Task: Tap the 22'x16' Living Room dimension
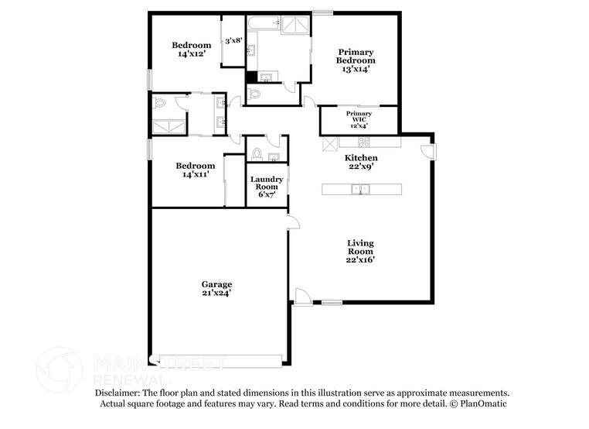click(360, 261)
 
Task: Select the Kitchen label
click(360, 158)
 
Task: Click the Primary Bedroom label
click(356, 56)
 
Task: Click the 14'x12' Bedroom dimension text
click(191, 54)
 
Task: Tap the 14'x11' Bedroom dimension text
click(195, 175)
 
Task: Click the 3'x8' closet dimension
click(233, 40)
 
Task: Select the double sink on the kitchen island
click(359, 188)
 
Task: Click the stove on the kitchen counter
click(363, 142)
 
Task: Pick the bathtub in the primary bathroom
click(262, 23)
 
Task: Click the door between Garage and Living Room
click(293, 222)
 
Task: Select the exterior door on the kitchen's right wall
click(428, 152)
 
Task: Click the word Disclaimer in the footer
click(116, 393)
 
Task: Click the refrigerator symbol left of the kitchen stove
click(328, 142)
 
